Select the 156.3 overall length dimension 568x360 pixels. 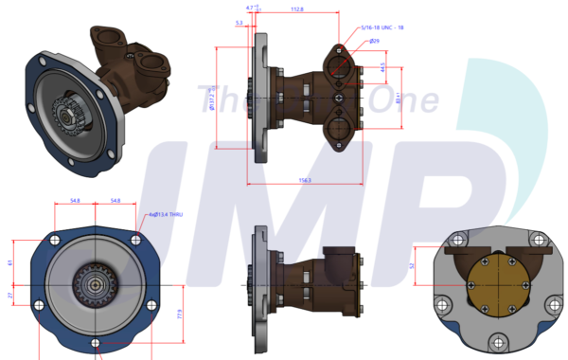(305, 179)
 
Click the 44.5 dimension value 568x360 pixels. (382, 68)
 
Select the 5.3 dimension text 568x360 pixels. (239, 22)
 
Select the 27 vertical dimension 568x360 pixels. (10, 297)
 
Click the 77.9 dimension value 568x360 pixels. (180, 313)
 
